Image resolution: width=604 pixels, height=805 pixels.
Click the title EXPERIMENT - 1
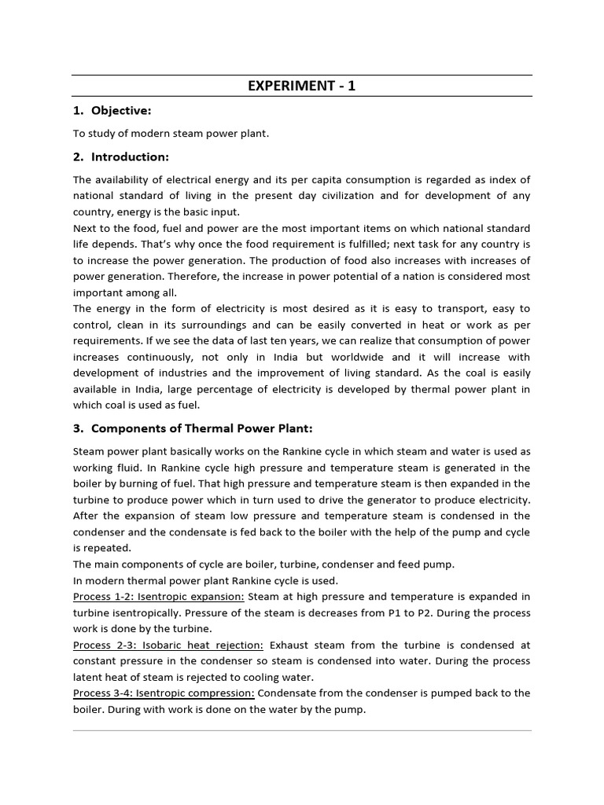point(302,86)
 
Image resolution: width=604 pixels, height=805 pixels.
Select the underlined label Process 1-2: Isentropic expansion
point(159,597)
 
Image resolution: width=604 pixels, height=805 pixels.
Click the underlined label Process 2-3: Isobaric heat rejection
point(168,645)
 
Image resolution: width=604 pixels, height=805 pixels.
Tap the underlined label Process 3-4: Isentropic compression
point(164,693)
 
